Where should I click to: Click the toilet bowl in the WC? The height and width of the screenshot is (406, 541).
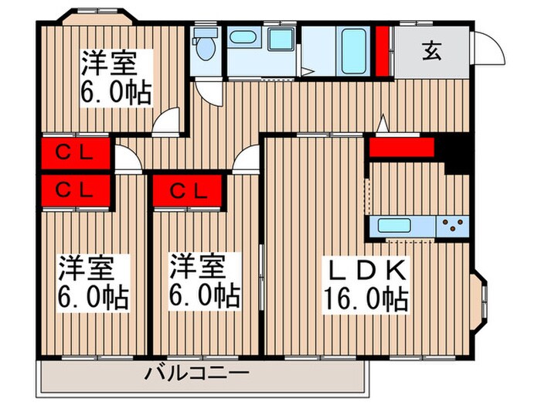tap(205, 49)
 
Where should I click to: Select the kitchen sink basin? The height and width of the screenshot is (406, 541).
tap(394, 227)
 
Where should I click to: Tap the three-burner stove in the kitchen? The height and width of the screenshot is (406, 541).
tap(454, 226)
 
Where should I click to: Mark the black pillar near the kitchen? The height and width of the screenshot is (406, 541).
tap(458, 154)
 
